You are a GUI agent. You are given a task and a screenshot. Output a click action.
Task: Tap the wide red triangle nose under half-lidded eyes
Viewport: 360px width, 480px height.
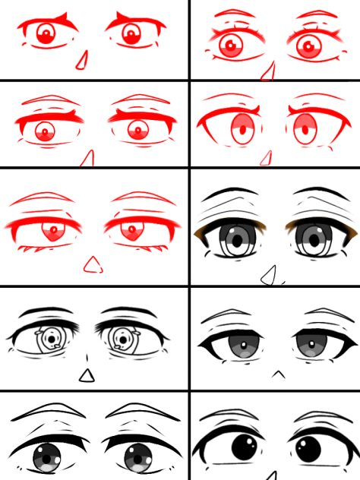[x=93, y=265]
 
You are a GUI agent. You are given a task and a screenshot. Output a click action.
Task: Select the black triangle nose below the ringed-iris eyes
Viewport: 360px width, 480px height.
[x=87, y=375]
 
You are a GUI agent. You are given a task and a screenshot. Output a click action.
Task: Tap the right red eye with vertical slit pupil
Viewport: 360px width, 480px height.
[x=305, y=129]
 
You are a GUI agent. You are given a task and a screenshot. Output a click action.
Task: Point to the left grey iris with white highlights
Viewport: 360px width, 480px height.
[x=47, y=456]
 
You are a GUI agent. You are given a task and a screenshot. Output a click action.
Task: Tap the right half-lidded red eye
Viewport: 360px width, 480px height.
[x=134, y=229]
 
